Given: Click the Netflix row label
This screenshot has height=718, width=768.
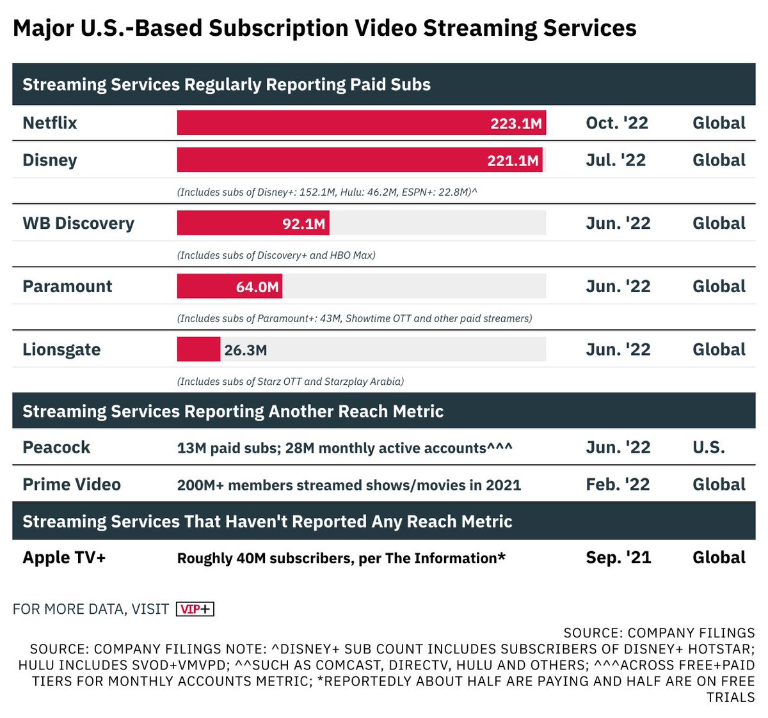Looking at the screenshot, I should pos(50,123).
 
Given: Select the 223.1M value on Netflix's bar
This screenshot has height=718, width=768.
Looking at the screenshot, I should pos(516,123).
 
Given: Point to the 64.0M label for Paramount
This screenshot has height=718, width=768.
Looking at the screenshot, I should pos(257,287).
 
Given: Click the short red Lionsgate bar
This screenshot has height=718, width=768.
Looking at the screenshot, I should pos(198,350).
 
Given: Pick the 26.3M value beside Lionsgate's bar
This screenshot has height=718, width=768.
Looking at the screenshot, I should pos(246,350).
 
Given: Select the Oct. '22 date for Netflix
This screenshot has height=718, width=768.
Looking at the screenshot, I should pos(617,123).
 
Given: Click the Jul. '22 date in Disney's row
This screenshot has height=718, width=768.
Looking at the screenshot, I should pos(616,160).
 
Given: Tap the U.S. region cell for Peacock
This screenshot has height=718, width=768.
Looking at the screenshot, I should pos(708,448).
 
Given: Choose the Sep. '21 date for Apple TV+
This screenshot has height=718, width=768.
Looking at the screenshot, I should pos(618,558).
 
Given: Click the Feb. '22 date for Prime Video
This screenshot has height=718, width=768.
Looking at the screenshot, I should pos(618,485).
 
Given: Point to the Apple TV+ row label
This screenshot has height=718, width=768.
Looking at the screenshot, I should pos(64,558).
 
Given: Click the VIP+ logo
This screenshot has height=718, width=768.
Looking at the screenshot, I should pos(195,609).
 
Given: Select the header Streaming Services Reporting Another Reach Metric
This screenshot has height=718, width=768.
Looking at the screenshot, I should pos(233,411).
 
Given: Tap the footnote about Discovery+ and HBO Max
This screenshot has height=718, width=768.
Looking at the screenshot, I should pos(276,255).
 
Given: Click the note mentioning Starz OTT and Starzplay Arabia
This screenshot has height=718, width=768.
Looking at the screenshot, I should pos(290,382).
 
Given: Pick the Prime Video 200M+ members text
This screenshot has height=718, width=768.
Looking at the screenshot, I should pos(349,485).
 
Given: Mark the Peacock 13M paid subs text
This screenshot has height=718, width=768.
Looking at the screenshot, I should pos(344,448).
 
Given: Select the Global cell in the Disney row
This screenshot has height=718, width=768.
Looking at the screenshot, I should pos(719,160).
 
